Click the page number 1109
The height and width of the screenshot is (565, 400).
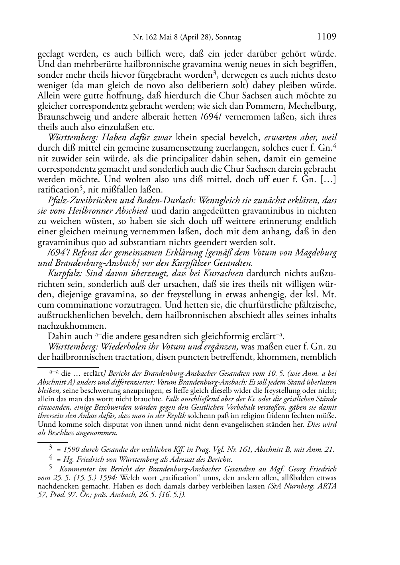point(327,37)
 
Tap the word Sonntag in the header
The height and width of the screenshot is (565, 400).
point(229,38)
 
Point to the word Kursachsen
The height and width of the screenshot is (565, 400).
point(224,273)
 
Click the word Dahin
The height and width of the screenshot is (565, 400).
point(59,336)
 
